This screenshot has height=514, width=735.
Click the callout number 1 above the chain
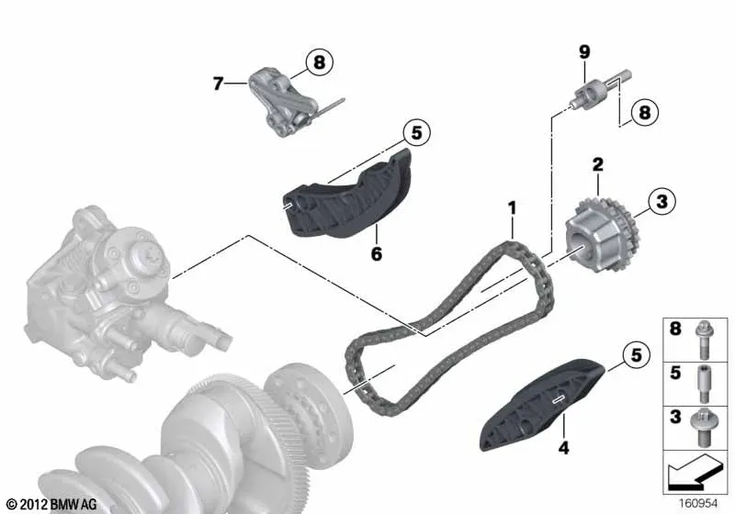[512, 208]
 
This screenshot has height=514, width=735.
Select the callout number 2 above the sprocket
[598, 165]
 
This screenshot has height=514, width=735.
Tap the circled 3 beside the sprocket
[661, 202]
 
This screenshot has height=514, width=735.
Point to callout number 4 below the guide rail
[563, 448]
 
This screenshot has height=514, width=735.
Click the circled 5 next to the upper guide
[416, 133]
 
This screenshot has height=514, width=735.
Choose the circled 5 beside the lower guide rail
[636, 355]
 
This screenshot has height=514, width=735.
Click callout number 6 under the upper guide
[377, 254]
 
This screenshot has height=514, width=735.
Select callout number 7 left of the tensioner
[218, 84]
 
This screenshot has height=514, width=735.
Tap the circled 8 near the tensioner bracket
[319, 61]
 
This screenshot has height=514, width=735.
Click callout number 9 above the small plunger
[584, 52]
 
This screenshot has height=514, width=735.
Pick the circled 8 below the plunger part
[645, 112]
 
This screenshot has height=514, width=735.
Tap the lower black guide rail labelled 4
[543, 404]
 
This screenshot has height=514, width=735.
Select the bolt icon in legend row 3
[702, 428]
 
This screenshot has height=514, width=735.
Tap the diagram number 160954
[698, 504]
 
